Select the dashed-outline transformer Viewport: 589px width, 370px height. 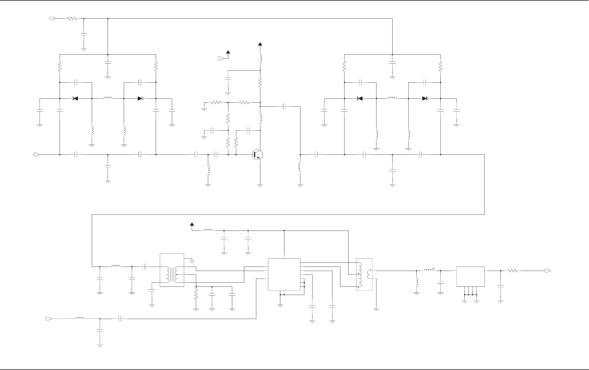(x=364, y=274)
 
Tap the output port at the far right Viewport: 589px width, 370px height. (x=547, y=271)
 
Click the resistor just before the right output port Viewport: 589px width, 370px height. (x=513, y=271)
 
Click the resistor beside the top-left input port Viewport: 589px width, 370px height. (x=72, y=19)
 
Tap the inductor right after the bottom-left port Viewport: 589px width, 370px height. (x=80, y=318)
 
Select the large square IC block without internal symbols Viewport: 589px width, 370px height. (x=284, y=275)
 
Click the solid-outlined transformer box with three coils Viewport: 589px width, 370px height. (x=172, y=270)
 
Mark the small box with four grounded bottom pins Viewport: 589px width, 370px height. (x=470, y=276)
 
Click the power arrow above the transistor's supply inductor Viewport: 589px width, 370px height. (x=260, y=44)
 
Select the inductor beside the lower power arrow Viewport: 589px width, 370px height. (x=208, y=230)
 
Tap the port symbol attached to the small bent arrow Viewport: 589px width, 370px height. (x=221, y=58)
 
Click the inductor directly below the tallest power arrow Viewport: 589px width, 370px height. (x=260, y=58)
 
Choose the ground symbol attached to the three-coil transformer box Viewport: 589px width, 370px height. (x=192, y=261)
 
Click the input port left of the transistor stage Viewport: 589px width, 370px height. (x=36, y=155)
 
